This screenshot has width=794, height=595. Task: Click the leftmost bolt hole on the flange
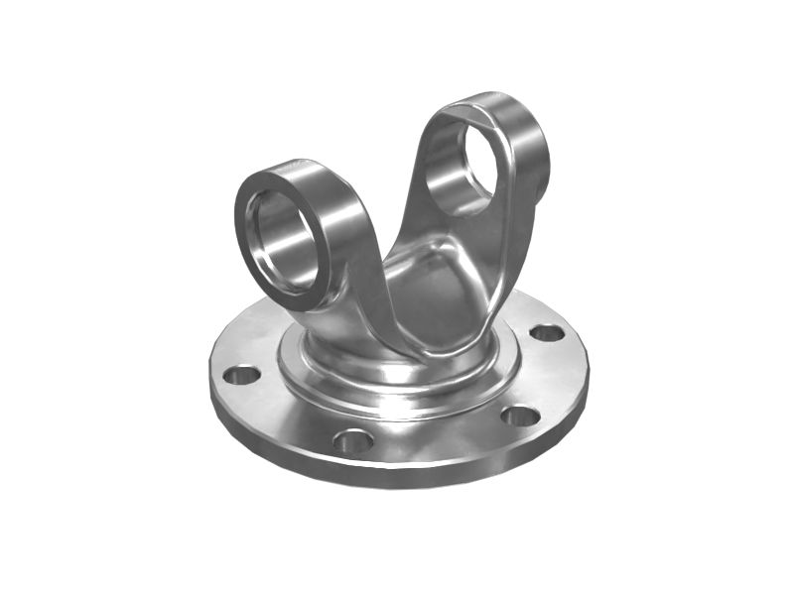[241, 376]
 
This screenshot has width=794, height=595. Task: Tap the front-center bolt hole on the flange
[352, 439]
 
